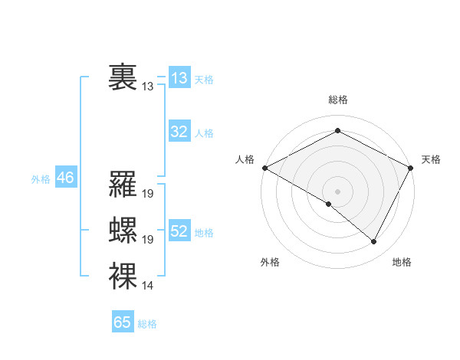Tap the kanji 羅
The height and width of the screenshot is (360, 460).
pos(123,185)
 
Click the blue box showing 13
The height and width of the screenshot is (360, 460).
pos(179,78)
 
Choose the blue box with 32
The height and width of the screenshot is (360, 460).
pos(179,132)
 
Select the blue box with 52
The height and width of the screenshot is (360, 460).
pos(179,231)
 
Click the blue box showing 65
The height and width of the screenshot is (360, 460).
pos(123,322)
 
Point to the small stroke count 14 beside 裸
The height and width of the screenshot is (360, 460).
pos(148,286)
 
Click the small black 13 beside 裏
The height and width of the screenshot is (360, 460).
pos(148,87)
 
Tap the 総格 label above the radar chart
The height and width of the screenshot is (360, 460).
pos(337,100)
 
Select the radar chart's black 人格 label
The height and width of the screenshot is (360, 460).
pos(245,159)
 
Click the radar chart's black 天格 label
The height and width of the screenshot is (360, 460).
pos(431,159)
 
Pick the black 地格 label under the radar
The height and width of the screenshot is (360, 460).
pos(402,263)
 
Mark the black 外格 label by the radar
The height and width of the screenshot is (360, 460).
pos(270,263)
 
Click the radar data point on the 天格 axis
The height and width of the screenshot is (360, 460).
pos(412,167)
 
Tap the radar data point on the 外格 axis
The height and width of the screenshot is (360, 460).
pos(329,204)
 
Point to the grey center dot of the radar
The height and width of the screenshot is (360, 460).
pos(337,191)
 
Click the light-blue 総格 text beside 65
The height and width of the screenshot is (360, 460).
pos(147,324)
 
